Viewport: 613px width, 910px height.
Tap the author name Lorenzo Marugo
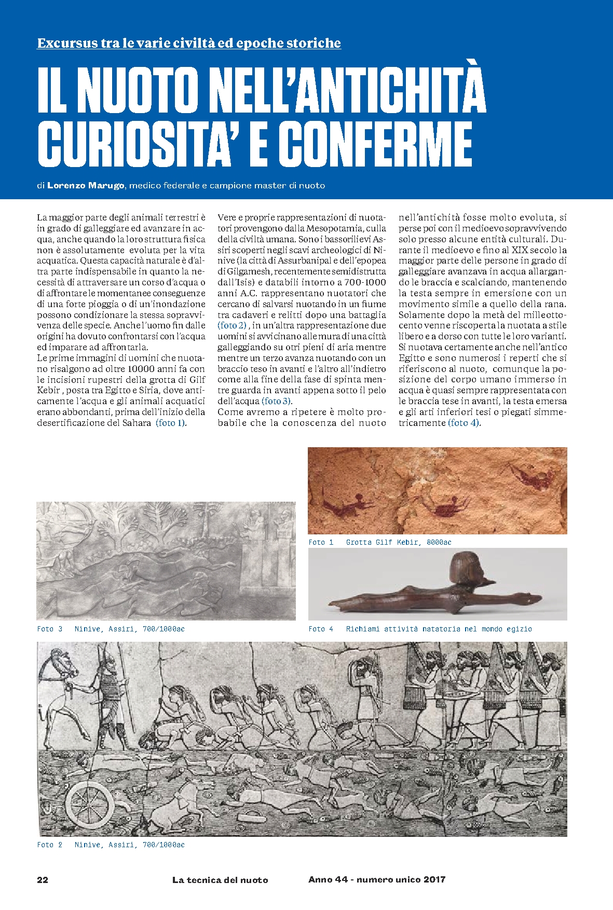(x=86, y=185)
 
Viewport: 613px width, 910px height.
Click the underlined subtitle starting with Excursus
(x=189, y=43)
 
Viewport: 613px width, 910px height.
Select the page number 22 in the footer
(x=43, y=879)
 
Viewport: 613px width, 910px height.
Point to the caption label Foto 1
(x=320, y=542)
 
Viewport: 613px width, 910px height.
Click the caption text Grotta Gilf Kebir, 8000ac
(x=399, y=542)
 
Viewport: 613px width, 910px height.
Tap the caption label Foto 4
(x=320, y=629)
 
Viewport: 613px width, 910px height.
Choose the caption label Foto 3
(x=49, y=629)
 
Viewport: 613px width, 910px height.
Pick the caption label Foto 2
(x=49, y=845)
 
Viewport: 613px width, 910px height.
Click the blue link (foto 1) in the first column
(x=171, y=423)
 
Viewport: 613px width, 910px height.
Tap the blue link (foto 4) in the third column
(x=464, y=423)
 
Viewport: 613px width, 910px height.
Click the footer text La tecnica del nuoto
(x=220, y=880)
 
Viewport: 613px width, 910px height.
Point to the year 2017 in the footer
(x=434, y=879)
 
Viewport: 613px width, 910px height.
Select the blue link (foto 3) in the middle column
(x=277, y=401)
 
